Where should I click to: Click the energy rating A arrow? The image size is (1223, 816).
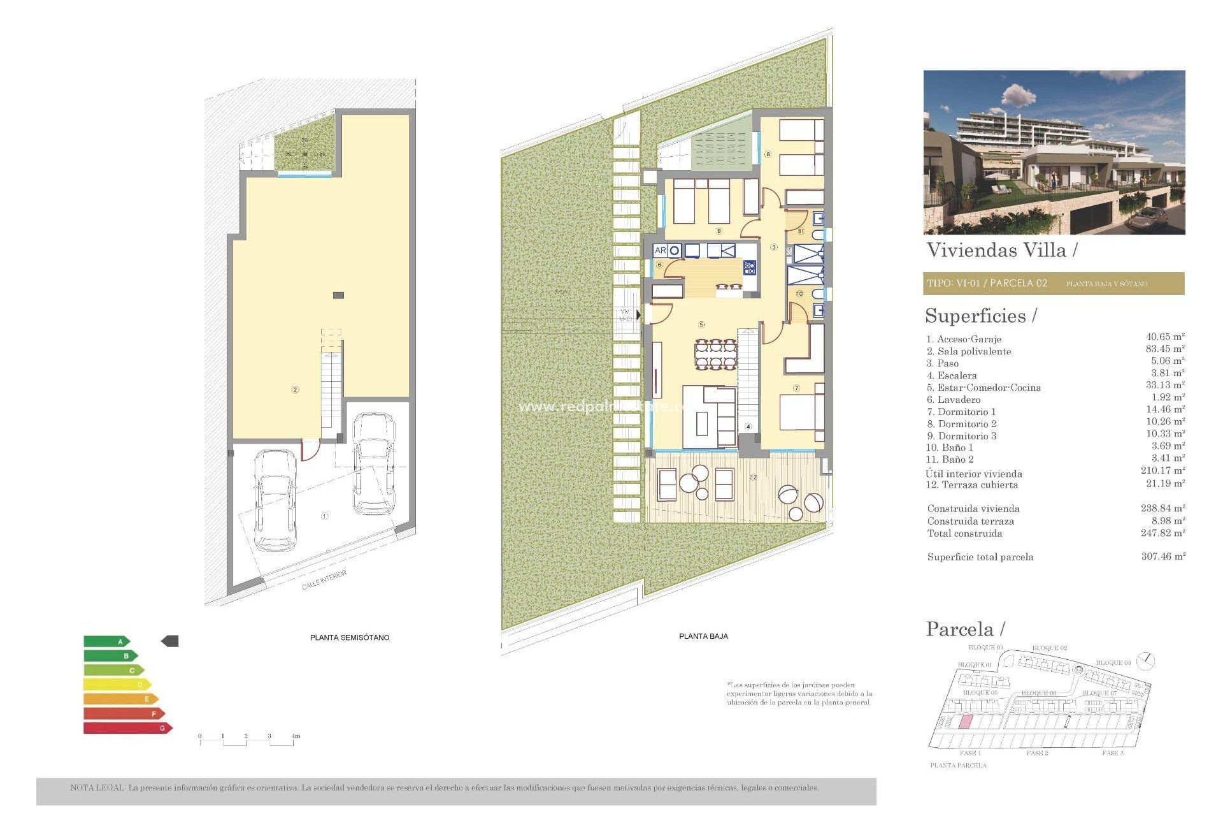pyautogui.click(x=106, y=641)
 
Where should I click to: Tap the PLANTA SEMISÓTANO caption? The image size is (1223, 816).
pyautogui.click(x=349, y=637)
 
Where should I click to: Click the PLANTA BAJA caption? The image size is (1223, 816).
pyautogui.click(x=703, y=636)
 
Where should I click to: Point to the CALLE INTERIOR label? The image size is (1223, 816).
pyautogui.click(x=324, y=580)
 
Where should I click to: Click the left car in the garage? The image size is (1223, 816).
pyautogui.click(x=275, y=500)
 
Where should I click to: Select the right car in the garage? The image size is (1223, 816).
pyautogui.click(x=374, y=463)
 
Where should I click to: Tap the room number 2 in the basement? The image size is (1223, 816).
pyautogui.click(x=295, y=390)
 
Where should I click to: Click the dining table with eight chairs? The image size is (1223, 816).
pyautogui.click(x=716, y=354)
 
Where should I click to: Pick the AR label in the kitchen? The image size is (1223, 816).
pyautogui.click(x=660, y=251)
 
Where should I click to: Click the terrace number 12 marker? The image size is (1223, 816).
pyautogui.click(x=754, y=477)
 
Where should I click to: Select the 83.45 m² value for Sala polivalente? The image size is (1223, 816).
pyautogui.click(x=1164, y=349)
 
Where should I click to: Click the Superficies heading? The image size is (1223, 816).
pyautogui.click(x=980, y=316)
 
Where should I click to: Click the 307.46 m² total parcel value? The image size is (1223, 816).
pyautogui.click(x=1162, y=557)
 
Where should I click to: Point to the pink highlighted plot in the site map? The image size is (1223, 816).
pyautogui.click(x=965, y=722)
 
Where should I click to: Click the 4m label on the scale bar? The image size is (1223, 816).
pyautogui.click(x=296, y=736)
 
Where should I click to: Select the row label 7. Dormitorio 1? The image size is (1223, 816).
pyautogui.click(x=961, y=412)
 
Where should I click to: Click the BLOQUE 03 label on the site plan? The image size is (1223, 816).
pyautogui.click(x=1113, y=663)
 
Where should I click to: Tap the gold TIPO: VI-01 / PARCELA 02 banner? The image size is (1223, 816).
pyautogui.click(x=1054, y=284)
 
